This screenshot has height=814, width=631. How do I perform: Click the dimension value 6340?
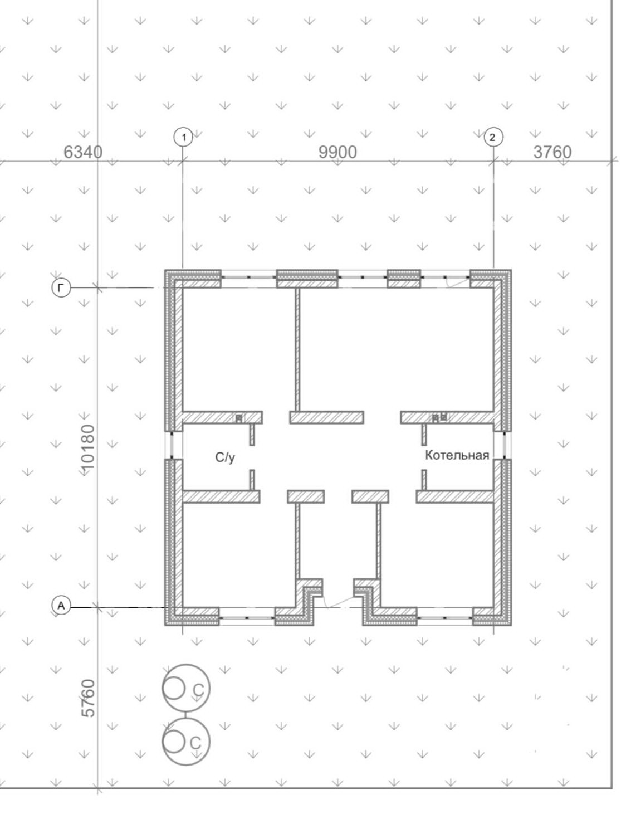[x=83, y=152]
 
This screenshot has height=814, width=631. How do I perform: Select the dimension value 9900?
[x=337, y=152]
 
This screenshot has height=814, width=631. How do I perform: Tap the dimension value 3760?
[x=552, y=152]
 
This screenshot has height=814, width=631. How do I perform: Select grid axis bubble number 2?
[x=492, y=137]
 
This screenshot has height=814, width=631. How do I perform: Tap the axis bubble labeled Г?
[x=61, y=287]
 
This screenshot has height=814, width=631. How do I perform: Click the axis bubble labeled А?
[x=61, y=605]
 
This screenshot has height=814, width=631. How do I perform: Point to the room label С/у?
[x=225, y=458]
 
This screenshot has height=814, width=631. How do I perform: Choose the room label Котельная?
[x=457, y=455]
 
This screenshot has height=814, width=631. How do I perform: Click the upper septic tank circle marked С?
[x=186, y=689]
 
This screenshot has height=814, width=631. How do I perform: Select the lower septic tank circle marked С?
[x=186, y=742]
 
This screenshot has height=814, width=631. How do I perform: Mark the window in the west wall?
[x=172, y=445]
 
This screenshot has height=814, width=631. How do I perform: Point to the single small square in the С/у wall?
[x=239, y=417]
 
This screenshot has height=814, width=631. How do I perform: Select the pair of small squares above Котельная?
[x=439, y=417]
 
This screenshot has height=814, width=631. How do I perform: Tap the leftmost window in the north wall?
[x=248, y=276]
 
